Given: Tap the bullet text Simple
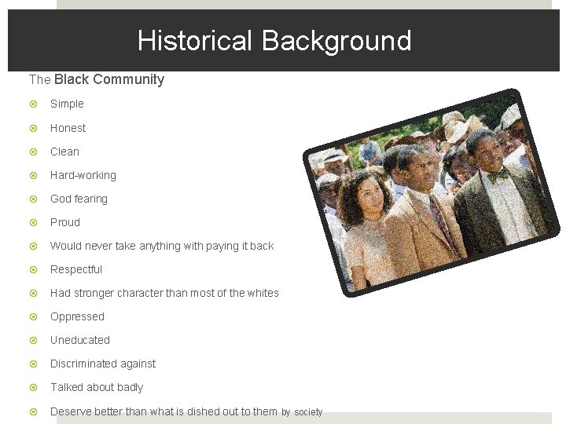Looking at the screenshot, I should tap(67, 104).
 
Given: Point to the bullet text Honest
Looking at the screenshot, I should tap(68, 128).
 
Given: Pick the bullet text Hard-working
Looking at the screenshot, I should tap(83, 175).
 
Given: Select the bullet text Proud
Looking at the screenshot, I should tap(65, 222).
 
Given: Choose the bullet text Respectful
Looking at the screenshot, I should tap(76, 269).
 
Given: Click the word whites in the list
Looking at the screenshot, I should tap(263, 293).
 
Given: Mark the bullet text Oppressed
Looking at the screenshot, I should tap(77, 316).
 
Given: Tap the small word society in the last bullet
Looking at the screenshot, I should tap(308, 411).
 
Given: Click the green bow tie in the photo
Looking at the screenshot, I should tap(497, 176).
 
